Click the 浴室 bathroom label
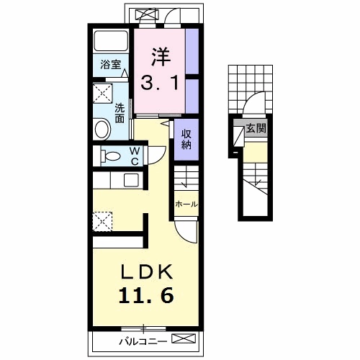tap(111, 64)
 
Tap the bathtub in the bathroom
tap(111, 40)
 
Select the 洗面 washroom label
tap(120, 113)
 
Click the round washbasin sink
tap(102, 129)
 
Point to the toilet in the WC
tap(110, 156)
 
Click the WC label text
tap(135, 156)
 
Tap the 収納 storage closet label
tap(186, 139)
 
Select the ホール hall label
tap(186, 204)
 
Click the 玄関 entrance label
tap(256, 129)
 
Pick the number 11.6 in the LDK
tap(146, 296)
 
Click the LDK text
tap(147, 271)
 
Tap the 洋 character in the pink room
tap(161, 57)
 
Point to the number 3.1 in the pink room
tap(160, 82)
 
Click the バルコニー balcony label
tap(143, 342)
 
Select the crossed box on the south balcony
tap(184, 338)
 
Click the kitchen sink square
tap(131, 180)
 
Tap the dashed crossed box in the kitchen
tap(102, 222)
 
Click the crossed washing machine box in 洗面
tap(103, 94)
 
